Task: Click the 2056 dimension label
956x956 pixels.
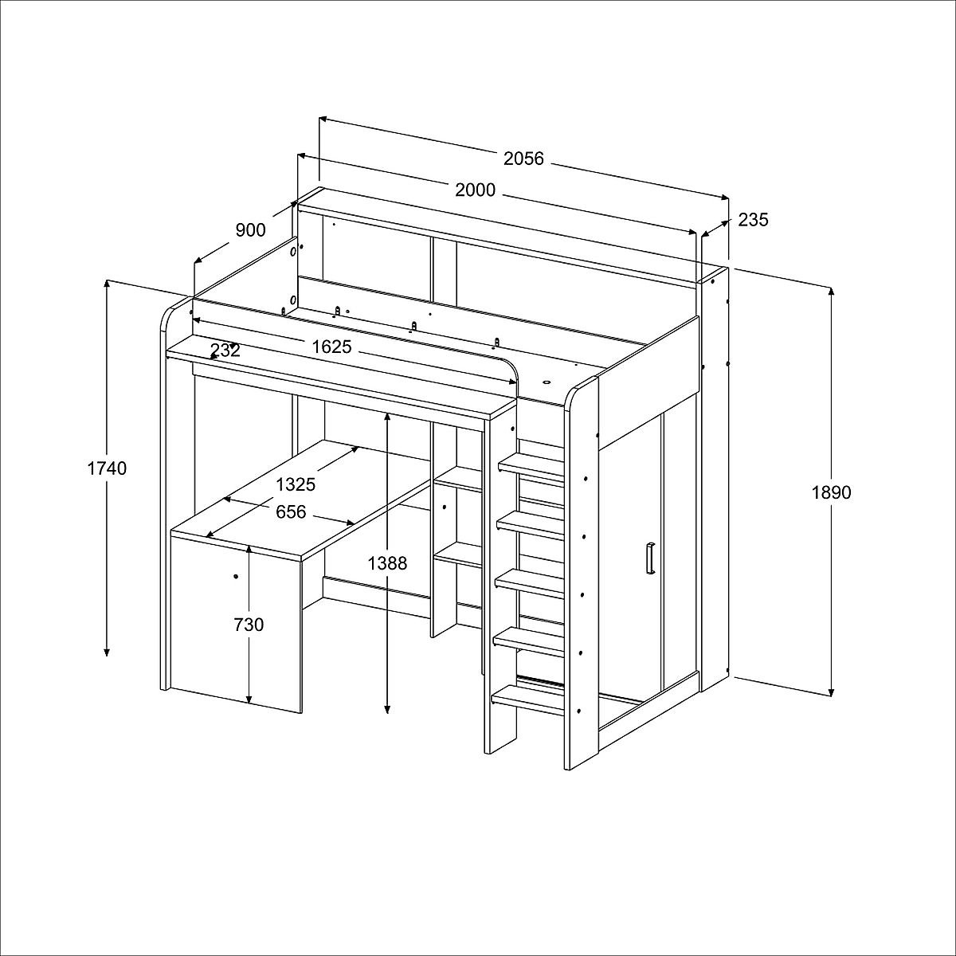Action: [523, 159]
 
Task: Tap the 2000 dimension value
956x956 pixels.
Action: [475, 190]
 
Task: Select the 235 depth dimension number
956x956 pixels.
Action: [753, 220]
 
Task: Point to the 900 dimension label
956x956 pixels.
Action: [250, 230]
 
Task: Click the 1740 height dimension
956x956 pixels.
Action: [107, 468]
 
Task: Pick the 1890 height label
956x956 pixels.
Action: [831, 492]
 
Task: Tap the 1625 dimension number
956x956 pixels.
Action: [331, 347]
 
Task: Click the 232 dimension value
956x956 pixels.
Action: [225, 351]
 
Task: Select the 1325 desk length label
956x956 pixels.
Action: [296, 484]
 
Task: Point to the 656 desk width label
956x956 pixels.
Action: [291, 512]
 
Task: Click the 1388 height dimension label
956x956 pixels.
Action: [387, 563]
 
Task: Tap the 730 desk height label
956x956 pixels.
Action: [249, 625]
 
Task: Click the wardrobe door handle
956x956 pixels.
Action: [650, 559]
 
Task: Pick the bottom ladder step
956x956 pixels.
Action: [528, 700]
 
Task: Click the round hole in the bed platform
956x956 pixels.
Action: [547, 382]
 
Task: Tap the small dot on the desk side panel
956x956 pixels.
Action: [235, 577]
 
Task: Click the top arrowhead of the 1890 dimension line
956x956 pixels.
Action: [831, 293]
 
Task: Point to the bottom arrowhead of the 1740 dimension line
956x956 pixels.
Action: [106, 651]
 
